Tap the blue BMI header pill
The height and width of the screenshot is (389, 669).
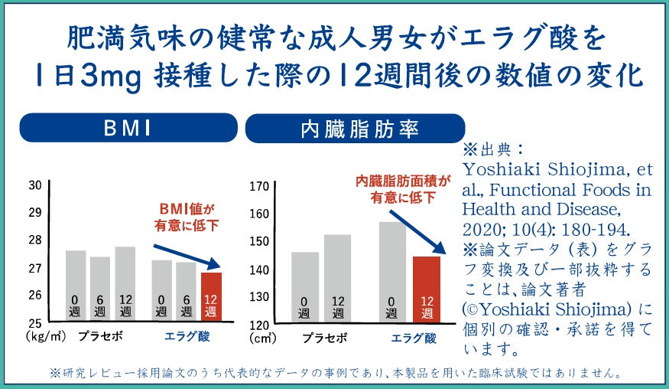point(126,128)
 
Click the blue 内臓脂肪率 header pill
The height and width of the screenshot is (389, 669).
point(355,128)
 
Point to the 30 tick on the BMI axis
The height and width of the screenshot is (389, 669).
point(35,185)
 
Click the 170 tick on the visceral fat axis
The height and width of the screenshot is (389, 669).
point(259,186)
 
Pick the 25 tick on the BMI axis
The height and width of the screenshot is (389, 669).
point(35,322)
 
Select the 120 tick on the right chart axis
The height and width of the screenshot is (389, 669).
point(259,324)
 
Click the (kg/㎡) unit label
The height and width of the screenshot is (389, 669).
point(47,335)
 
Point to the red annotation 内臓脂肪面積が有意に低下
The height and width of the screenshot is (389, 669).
point(402,189)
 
